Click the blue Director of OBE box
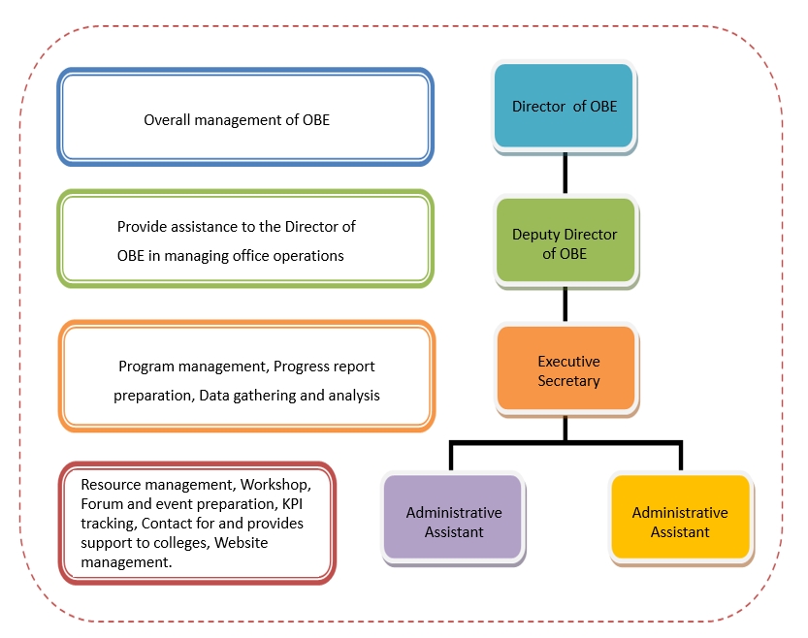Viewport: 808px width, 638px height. point(564,107)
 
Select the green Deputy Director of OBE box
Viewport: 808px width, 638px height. point(565,242)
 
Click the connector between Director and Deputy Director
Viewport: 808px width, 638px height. point(565,174)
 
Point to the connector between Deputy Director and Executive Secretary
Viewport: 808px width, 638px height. point(566,304)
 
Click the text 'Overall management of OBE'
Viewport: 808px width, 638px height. point(237,120)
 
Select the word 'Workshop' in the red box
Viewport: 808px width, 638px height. point(276,484)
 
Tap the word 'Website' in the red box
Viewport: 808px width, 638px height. point(242,542)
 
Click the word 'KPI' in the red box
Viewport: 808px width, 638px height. point(292,503)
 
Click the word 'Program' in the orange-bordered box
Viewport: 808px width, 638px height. point(145,367)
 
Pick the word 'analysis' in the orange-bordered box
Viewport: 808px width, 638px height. point(352,396)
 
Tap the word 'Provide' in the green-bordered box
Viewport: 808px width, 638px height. point(143,227)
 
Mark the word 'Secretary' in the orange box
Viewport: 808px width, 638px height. point(568,381)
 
